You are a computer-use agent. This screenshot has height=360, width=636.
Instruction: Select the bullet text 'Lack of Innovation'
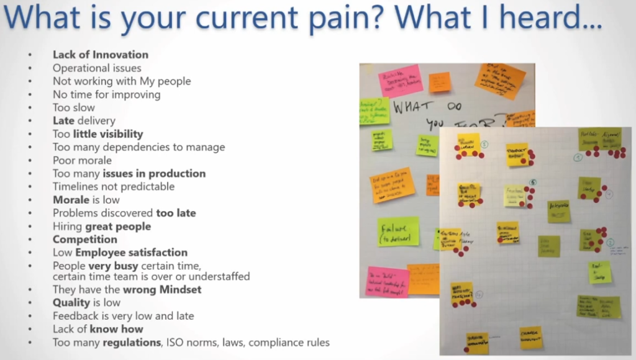click(x=100, y=55)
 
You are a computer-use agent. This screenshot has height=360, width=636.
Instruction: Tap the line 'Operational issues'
click(x=96, y=68)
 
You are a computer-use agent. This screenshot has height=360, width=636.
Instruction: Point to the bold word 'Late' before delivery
click(x=63, y=120)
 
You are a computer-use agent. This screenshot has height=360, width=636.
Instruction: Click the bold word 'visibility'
click(x=117, y=134)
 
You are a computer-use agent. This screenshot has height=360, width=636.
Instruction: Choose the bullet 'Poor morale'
click(x=82, y=160)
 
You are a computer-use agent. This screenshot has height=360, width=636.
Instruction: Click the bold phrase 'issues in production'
click(x=154, y=173)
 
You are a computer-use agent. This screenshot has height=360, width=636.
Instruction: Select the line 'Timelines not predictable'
click(x=113, y=186)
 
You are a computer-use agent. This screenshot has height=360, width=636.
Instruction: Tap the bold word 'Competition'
click(x=84, y=239)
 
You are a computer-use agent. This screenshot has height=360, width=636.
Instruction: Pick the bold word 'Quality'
click(x=71, y=302)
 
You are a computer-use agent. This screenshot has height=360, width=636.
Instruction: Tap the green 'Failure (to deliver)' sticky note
click(x=398, y=232)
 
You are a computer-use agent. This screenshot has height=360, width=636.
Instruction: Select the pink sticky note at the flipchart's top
click(x=400, y=79)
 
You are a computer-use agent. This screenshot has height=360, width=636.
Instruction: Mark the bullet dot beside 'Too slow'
click(x=30, y=107)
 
